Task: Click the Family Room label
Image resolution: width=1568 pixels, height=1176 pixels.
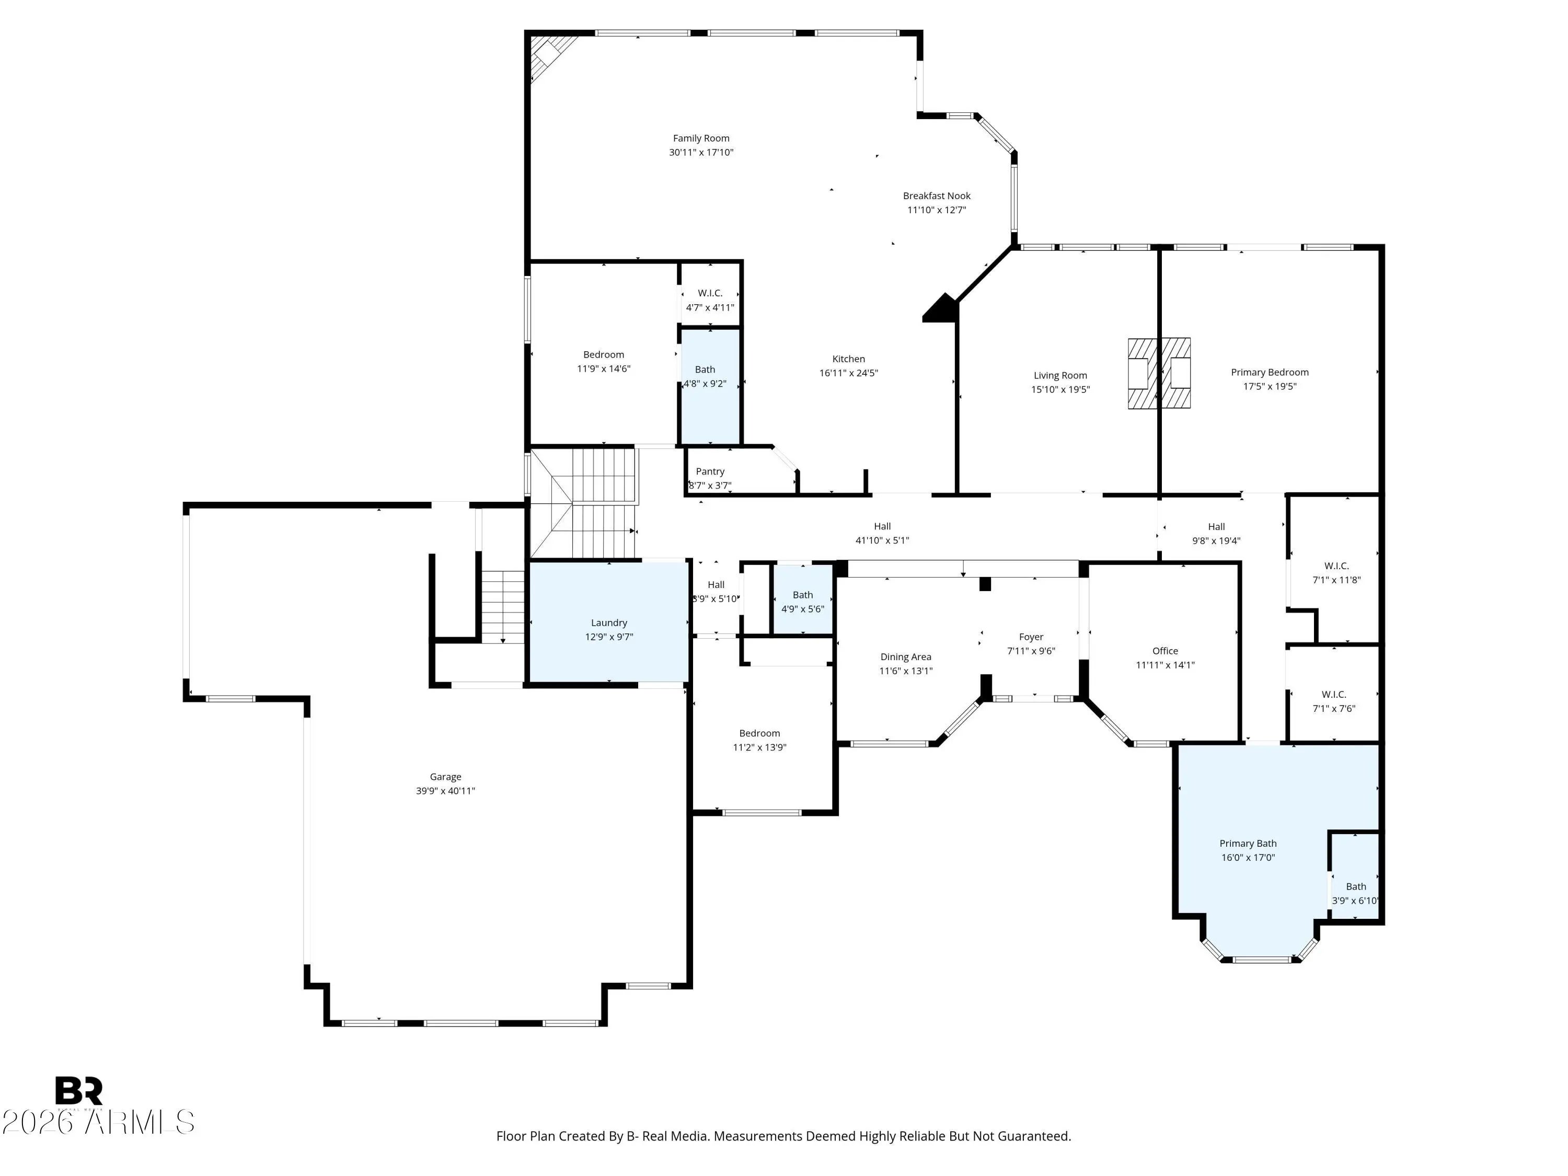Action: click(701, 138)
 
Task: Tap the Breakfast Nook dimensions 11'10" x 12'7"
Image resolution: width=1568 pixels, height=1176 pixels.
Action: click(937, 210)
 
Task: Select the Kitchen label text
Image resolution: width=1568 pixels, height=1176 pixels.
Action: click(848, 359)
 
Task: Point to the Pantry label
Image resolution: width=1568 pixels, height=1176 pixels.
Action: click(710, 471)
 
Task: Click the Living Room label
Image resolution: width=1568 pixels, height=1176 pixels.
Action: click(1060, 376)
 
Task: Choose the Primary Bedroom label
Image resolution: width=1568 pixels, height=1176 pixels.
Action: click(1270, 372)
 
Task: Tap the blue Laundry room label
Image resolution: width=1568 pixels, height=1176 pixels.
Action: click(609, 622)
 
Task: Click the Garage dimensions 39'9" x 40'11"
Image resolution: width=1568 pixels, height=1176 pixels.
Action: click(445, 791)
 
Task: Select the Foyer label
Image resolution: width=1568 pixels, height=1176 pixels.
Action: click(1031, 637)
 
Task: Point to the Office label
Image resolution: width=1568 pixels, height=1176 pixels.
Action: click(1165, 651)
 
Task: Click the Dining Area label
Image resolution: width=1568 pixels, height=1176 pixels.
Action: click(905, 657)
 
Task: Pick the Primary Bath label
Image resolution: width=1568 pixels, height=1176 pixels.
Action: click(1248, 844)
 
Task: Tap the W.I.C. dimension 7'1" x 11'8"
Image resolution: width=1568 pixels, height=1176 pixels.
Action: click(1336, 580)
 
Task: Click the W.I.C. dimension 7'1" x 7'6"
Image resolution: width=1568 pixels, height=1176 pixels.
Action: click(1333, 709)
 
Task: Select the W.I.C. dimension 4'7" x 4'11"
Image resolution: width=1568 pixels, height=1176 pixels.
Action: click(710, 308)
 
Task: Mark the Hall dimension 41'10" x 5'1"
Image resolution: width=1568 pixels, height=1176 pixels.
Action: click(882, 540)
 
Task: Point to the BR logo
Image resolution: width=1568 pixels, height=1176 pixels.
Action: click(79, 1091)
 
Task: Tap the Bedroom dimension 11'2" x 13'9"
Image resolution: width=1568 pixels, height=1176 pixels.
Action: click(759, 747)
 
